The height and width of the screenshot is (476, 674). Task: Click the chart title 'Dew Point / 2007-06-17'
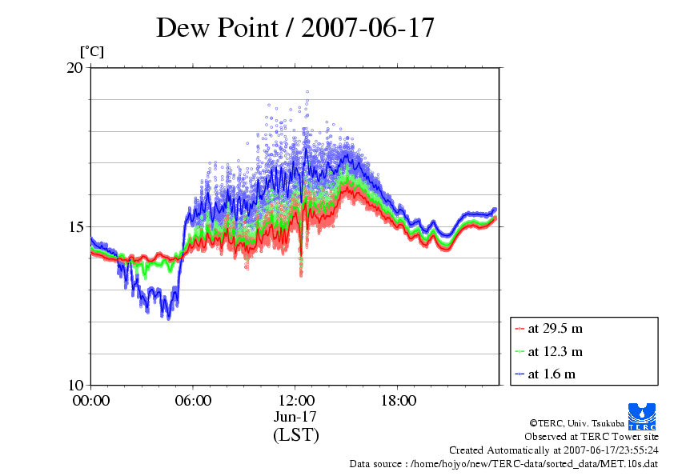tap(295, 28)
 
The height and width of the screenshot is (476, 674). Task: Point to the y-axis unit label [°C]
tap(92, 52)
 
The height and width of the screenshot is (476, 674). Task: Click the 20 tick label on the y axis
tap(74, 68)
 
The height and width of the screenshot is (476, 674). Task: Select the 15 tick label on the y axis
tap(74, 226)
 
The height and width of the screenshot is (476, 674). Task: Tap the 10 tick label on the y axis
tap(74, 385)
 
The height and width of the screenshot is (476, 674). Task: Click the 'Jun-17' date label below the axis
tap(295, 418)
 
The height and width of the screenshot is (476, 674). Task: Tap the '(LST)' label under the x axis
tap(295, 436)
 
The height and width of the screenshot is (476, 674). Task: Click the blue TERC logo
tap(643, 414)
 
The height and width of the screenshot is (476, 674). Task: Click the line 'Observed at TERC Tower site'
tap(591, 437)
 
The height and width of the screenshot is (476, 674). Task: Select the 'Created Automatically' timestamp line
tap(553, 450)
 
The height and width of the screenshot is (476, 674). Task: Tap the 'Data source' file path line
tap(503, 464)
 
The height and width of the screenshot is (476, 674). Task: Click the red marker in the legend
tap(520, 329)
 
